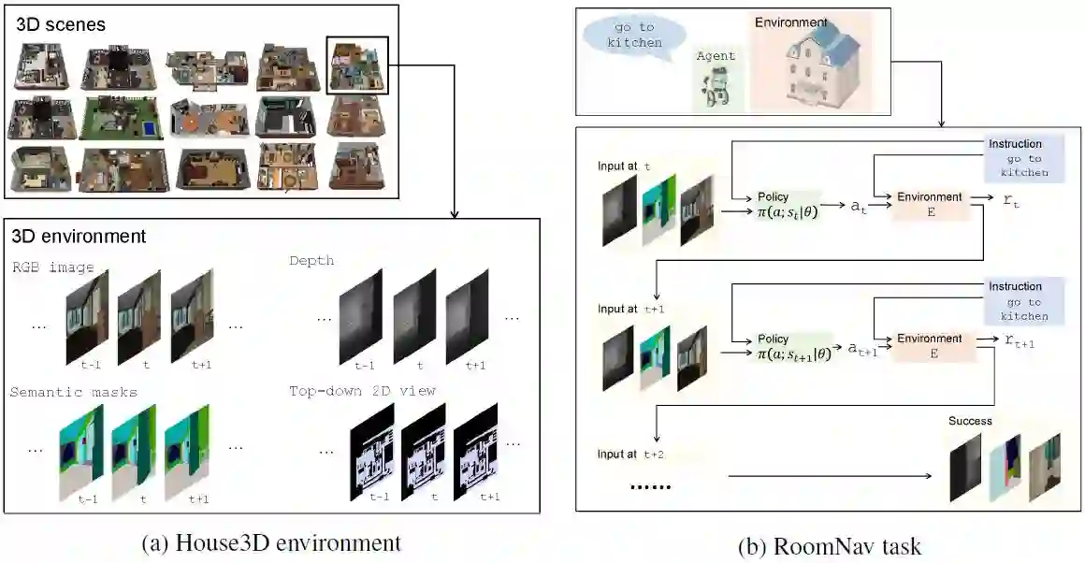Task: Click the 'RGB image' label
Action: click(x=52, y=267)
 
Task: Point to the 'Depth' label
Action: click(x=312, y=260)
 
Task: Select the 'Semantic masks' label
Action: click(x=73, y=392)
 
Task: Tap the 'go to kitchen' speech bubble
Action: click(x=628, y=35)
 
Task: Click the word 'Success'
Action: click(x=969, y=421)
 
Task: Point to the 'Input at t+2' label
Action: click(x=630, y=455)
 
